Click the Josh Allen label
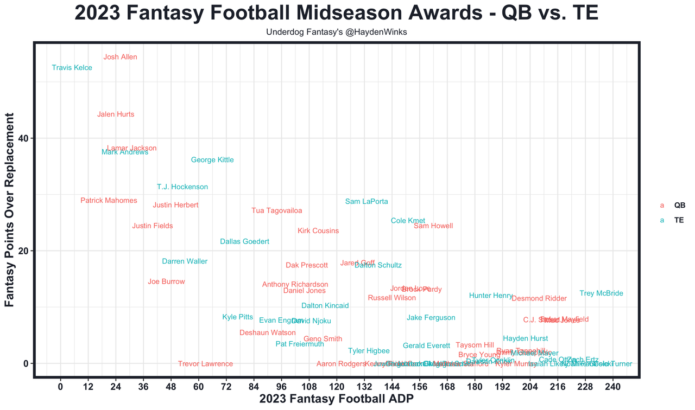pos(120,57)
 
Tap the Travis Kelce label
pos(72,68)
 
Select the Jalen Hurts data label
pos(116,114)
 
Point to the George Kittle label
pos(212,160)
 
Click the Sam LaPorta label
pos(367,202)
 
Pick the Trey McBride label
pos(601,293)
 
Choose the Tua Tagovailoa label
pos(277,211)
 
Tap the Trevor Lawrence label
pos(205,364)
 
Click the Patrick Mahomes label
pos(109,201)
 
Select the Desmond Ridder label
pos(539,299)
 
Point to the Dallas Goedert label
pos(244,241)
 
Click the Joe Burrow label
pos(166,281)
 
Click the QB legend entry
pos(679,206)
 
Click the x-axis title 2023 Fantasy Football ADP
pos(337,400)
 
